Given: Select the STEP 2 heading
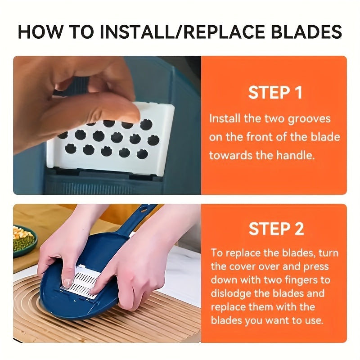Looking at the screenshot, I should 276,228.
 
